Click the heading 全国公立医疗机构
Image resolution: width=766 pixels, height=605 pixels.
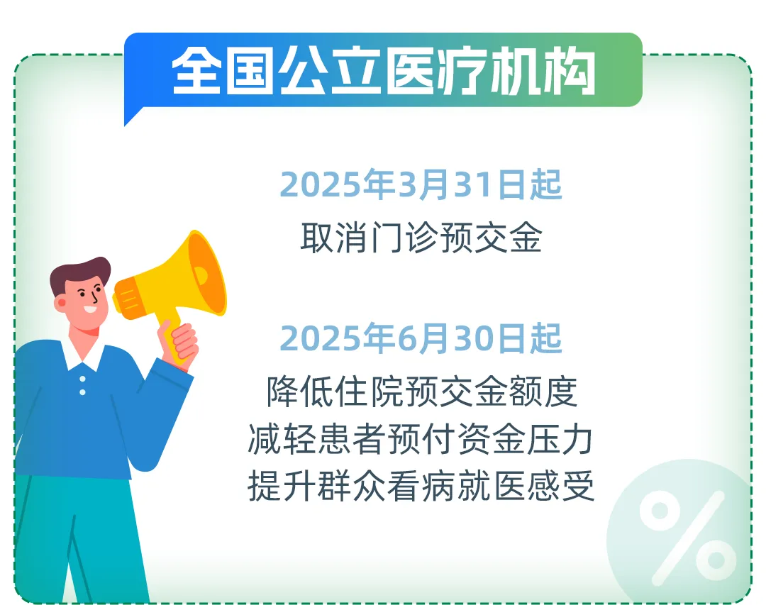click(x=383, y=70)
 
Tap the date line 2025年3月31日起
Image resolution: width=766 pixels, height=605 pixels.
click(x=421, y=184)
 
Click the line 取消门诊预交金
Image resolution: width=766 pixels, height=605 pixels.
click(x=421, y=238)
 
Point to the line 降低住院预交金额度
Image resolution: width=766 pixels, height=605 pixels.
click(x=422, y=391)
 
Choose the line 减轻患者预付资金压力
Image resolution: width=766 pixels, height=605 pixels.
click(x=421, y=440)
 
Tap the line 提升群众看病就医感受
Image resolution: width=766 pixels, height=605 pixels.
click(x=421, y=488)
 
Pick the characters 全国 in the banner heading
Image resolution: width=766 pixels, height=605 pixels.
click(x=225, y=70)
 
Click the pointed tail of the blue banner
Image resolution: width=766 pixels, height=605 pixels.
click(x=131, y=117)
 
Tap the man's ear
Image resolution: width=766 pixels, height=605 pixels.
click(x=62, y=303)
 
